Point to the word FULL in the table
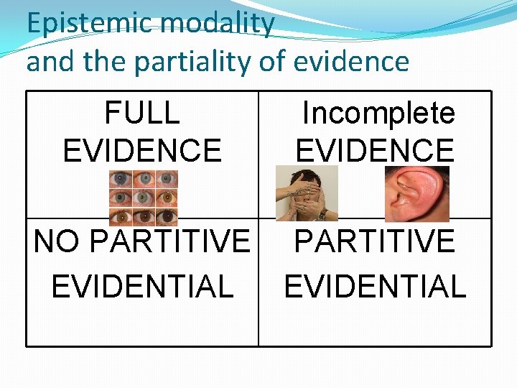click(142, 114)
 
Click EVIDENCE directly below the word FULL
click(142, 151)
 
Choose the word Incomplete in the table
click(378, 114)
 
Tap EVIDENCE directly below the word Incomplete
click(375, 151)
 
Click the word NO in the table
click(57, 242)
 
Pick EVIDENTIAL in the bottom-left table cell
click(142, 286)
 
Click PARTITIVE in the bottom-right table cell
click(375, 242)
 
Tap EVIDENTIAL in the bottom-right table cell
click(375, 286)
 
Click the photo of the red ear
click(417, 194)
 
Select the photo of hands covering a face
click(307, 194)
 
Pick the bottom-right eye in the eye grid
click(167, 215)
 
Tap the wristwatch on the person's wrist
click(324, 213)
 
